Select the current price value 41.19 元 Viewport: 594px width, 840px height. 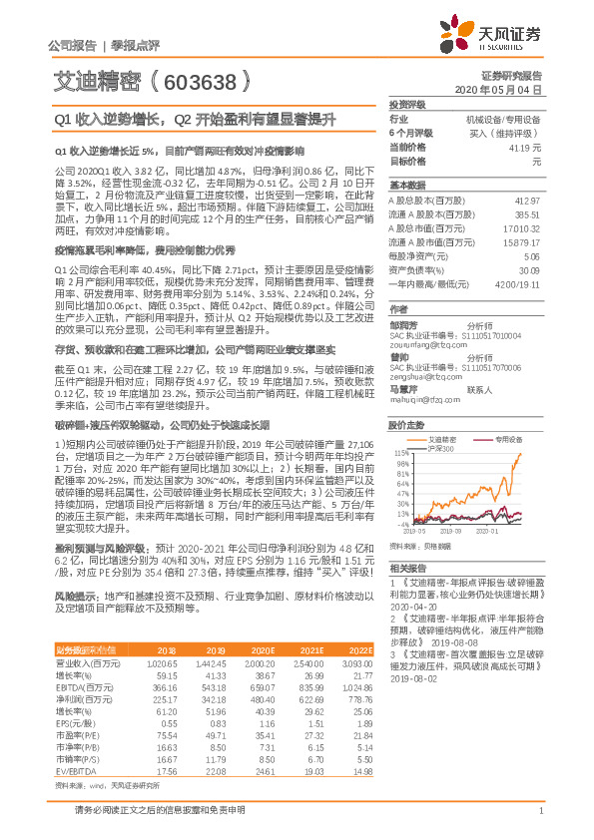pos(526,148)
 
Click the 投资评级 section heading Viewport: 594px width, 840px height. pos(406,105)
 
